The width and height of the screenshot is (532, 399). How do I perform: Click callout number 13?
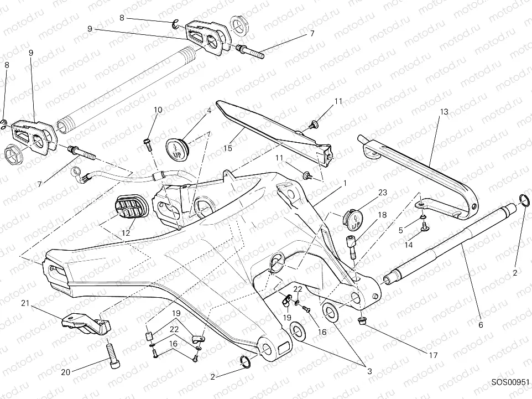pyautogui.click(x=444, y=112)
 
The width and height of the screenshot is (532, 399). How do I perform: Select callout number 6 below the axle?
pyautogui.click(x=480, y=325)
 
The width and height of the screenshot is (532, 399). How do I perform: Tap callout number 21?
pyautogui.click(x=25, y=303)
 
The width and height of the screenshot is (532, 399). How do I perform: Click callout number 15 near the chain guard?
pyautogui.click(x=227, y=149)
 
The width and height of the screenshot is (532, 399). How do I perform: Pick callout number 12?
pyautogui.click(x=126, y=234)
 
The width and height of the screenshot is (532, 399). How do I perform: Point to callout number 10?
pyautogui.click(x=158, y=110)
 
